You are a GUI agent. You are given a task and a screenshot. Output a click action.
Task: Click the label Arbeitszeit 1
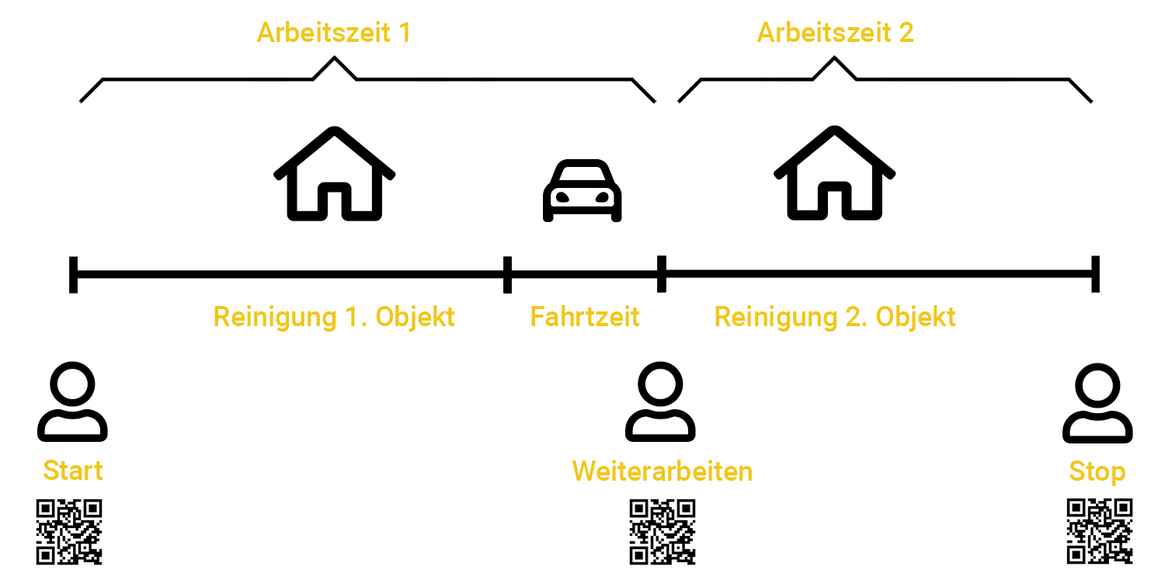click(x=334, y=33)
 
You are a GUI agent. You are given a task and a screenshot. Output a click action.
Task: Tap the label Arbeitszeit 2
click(x=835, y=33)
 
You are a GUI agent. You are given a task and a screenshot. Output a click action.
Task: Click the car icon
click(x=582, y=191)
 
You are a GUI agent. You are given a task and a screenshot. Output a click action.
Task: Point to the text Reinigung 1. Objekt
click(x=334, y=317)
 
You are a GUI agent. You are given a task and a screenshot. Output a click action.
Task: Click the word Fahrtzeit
click(x=585, y=317)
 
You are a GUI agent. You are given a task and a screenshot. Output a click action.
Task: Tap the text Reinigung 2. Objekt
click(x=835, y=317)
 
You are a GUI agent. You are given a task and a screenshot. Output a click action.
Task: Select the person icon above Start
click(x=72, y=402)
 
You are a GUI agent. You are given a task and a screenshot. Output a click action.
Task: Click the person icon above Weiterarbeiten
click(x=660, y=402)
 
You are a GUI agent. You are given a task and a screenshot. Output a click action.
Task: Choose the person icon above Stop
click(x=1097, y=402)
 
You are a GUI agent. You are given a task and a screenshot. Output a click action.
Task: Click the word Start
click(x=72, y=471)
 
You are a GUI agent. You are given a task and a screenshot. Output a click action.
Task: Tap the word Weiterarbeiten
click(x=662, y=471)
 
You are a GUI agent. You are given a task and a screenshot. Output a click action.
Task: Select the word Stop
click(x=1097, y=471)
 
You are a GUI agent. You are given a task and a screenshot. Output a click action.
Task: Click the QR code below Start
click(x=70, y=532)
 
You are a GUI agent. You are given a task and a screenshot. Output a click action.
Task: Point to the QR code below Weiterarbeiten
click(x=662, y=532)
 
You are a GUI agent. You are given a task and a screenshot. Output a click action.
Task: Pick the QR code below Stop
click(x=1099, y=532)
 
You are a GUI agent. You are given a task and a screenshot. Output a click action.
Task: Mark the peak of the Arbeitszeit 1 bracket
click(x=335, y=58)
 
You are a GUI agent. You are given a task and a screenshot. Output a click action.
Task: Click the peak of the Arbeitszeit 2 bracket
click(x=835, y=58)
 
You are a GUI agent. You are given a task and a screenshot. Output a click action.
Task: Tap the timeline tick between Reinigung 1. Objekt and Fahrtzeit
click(x=507, y=274)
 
